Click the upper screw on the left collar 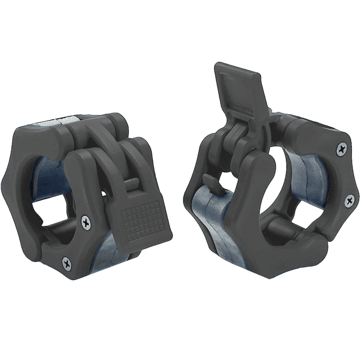(86, 222)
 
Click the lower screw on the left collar (66, 263)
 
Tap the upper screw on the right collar (341, 149)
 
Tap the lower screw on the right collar (349, 201)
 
